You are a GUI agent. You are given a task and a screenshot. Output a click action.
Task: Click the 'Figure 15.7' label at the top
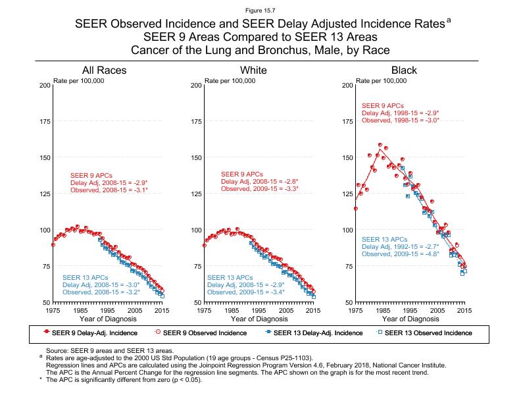(x=260, y=10)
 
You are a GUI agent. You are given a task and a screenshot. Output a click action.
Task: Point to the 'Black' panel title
(x=404, y=70)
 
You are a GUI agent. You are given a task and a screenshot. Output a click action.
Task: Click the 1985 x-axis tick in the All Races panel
(x=81, y=310)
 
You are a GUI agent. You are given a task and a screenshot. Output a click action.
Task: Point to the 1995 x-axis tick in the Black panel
(x=410, y=310)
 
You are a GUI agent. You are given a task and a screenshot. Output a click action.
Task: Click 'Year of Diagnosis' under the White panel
(x=259, y=319)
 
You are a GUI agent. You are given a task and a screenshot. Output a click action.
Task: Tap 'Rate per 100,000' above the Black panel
(x=382, y=80)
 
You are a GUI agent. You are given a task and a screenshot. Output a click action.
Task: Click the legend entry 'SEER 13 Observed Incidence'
(x=428, y=333)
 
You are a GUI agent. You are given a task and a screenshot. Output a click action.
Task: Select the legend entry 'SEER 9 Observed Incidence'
(x=205, y=333)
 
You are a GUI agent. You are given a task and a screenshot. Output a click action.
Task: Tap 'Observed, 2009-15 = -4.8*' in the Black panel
(x=401, y=254)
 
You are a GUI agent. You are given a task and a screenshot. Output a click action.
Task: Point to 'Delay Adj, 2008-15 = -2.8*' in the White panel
(x=259, y=181)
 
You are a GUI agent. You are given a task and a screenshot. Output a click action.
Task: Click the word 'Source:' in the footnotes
(x=58, y=352)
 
